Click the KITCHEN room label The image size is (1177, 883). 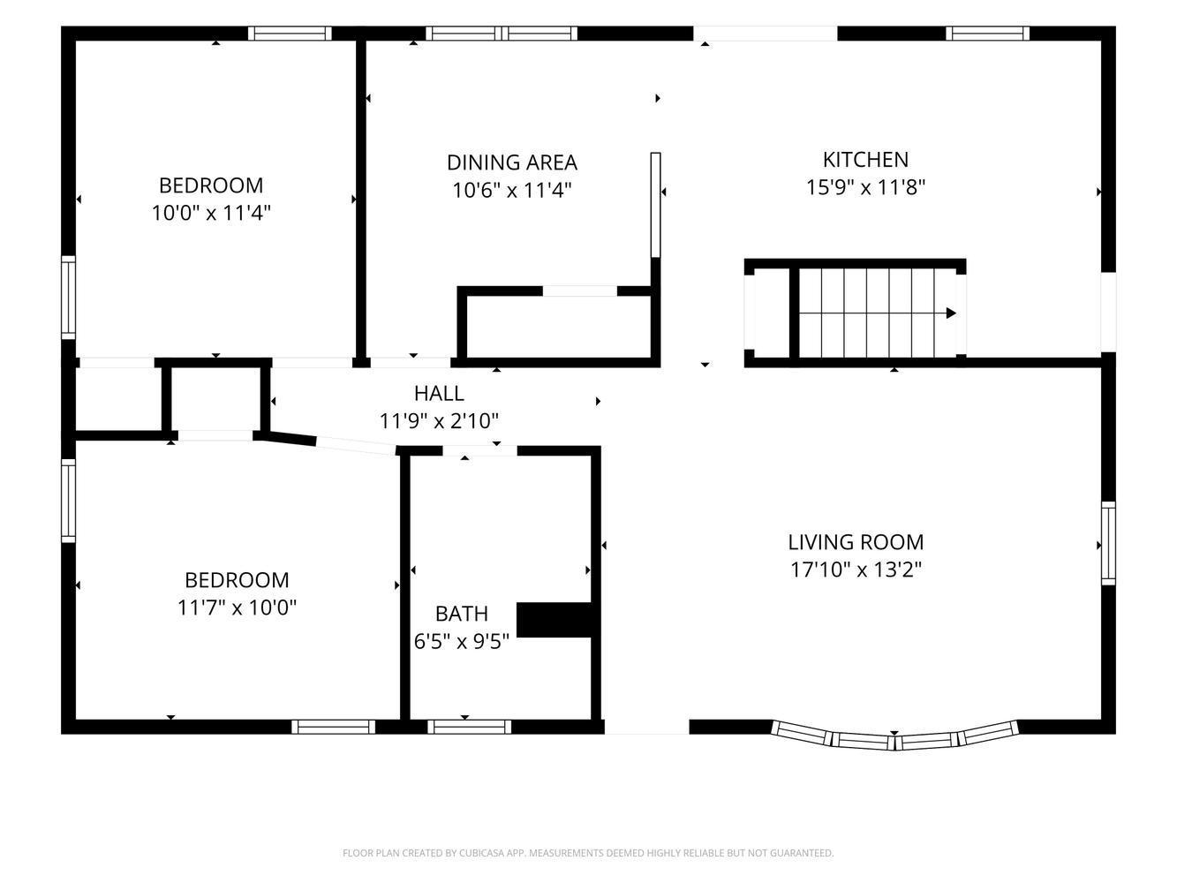tap(865, 160)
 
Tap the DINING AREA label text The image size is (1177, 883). tap(511, 162)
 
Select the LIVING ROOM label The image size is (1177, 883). tap(856, 542)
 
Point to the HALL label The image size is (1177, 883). tap(439, 394)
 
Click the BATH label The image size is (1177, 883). tap(461, 614)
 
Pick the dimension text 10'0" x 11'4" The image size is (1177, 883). tap(211, 213)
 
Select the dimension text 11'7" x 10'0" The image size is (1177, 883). tap(237, 608)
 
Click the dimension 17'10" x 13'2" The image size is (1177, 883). tap(856, 570)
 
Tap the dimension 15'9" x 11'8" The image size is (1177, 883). tap(865, 187)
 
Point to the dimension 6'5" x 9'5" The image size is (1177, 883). tap(461, 641)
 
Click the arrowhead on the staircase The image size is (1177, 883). tap(951, 313)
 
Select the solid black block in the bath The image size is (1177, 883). tap(555, 620)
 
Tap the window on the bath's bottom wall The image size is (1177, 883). tap(469, 727)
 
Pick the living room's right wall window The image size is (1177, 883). tap(1108, 544)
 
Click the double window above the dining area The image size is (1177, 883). tap(502, 34)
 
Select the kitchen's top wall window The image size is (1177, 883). tap(987, 34)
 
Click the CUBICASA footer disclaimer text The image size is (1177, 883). tap(588, 853)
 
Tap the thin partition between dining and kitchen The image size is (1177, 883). tap(655, 205)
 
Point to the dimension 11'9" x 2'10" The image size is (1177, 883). tap(439, 421)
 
